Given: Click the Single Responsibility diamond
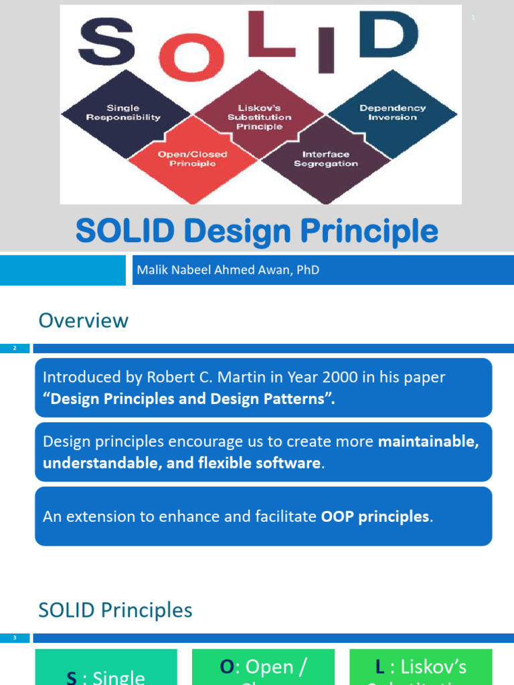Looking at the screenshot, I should point(124,112).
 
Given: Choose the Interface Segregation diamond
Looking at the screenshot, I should point(325,159).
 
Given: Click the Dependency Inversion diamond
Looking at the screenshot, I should point(392,112).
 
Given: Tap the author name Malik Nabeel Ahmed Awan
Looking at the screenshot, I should point(228,270).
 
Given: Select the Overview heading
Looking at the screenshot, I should point(84,320).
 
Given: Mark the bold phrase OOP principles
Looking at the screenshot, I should point(375,516).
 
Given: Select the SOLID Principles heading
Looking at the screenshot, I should point(115,610).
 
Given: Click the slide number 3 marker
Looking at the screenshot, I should point(15,638).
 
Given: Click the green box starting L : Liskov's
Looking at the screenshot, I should point(420,667).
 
